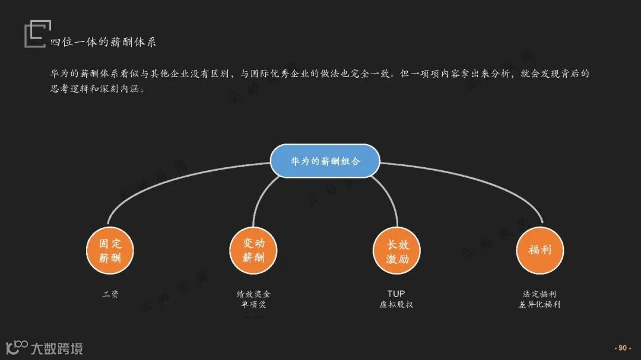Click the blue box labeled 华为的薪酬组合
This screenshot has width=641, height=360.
325,161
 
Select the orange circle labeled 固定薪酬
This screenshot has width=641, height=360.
111,250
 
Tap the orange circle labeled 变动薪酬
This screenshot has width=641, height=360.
254,250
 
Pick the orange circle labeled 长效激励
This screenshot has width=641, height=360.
396,250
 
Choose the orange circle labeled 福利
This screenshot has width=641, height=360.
540,250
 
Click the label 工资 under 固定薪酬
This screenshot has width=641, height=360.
111,294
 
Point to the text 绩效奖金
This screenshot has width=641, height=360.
254,294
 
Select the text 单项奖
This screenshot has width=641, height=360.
254,305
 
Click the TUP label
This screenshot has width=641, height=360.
396,294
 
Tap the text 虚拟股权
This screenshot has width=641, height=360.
396,305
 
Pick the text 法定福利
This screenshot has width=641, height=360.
540,294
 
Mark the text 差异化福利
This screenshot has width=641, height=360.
540,305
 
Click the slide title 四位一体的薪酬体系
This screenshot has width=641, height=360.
103,42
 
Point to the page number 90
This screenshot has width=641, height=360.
622,348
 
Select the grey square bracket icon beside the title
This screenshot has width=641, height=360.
36,34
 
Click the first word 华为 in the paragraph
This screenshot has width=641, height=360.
58,74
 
